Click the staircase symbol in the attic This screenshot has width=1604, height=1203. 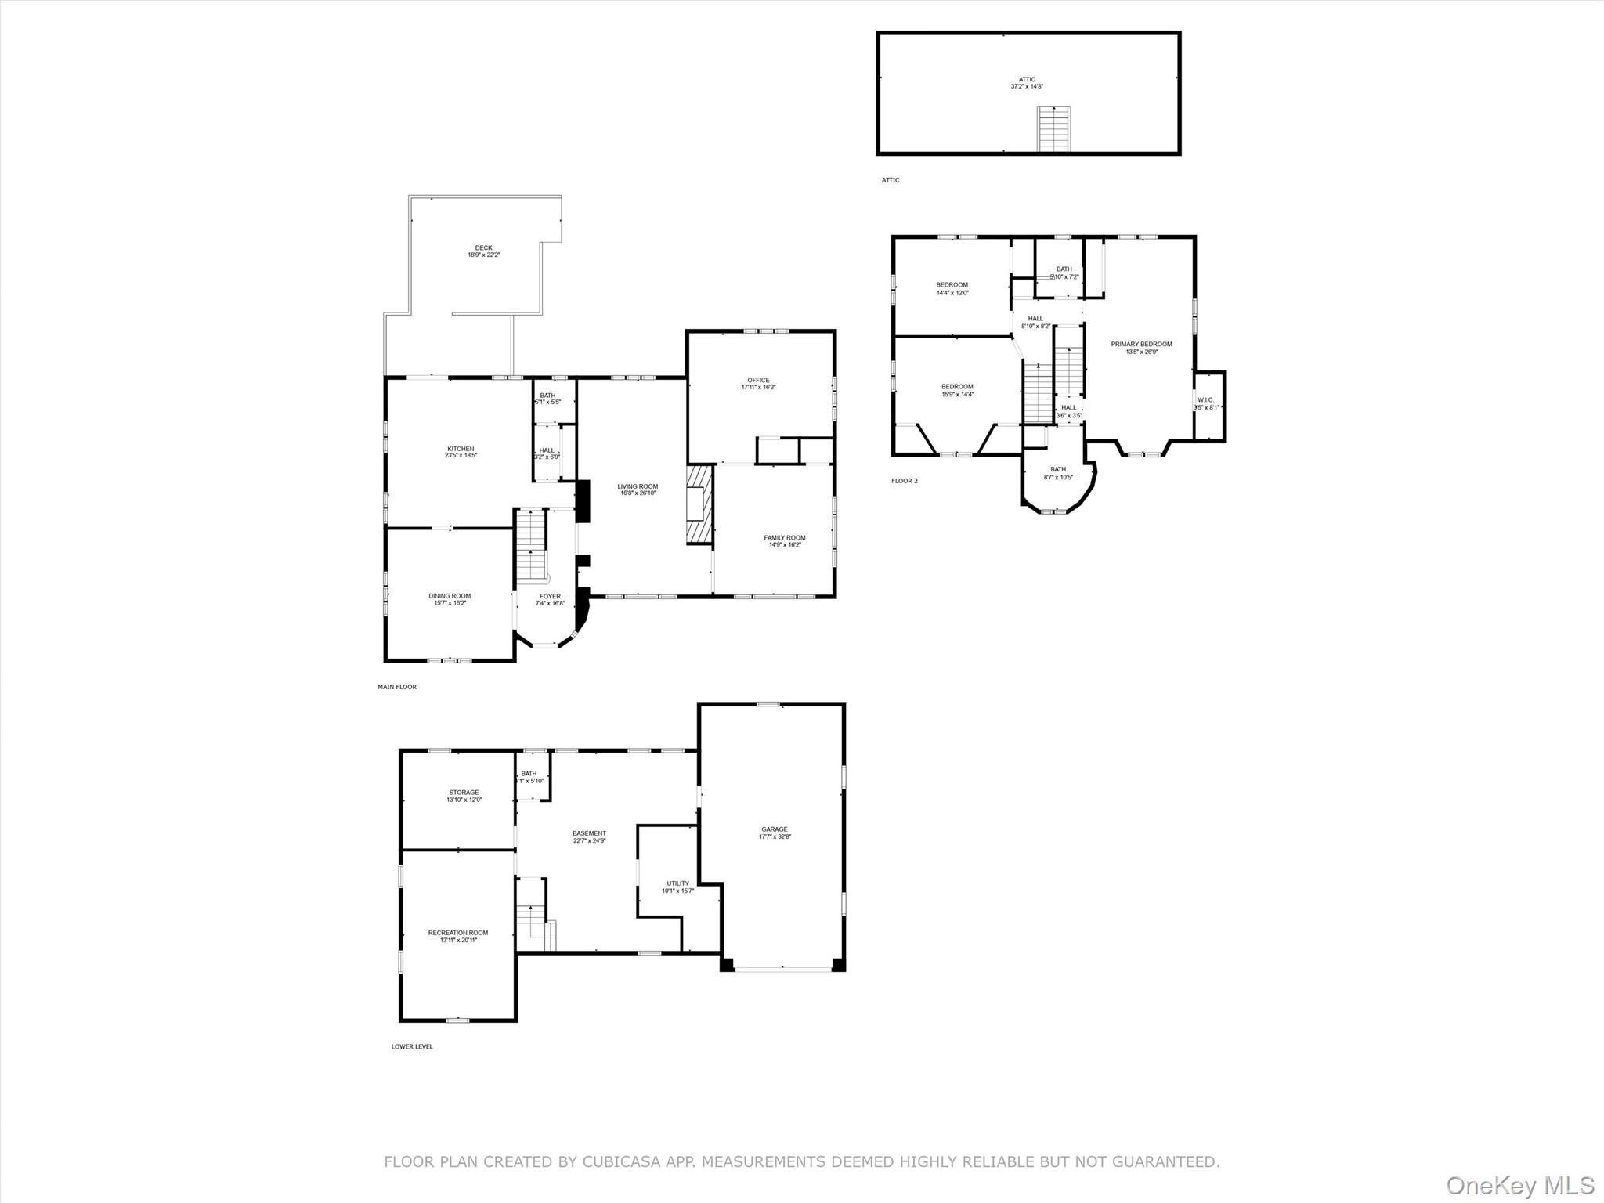click(1053, 128)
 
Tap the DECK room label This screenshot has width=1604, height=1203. click(483, 248)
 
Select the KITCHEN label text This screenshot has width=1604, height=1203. click(461, 449)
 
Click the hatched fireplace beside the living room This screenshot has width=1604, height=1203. click(699, 504)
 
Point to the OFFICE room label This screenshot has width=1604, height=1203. click(758, 381)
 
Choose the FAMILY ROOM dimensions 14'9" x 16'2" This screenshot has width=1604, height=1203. click(785, 545)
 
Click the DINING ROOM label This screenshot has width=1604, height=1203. click(450, 596)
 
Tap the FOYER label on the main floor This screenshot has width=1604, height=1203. click(550, 597)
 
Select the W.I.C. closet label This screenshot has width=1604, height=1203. click(1205, 400)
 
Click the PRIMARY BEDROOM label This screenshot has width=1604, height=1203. click(1141, 345)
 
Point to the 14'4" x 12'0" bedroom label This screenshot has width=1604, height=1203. click(952, 293)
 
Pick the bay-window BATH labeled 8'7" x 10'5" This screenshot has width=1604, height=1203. click(1058, 470)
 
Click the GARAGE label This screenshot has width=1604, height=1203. click(775, 829)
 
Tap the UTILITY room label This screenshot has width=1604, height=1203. click(678, 883)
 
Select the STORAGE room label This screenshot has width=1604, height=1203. click(464, 793)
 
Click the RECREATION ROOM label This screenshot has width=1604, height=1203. click(458, 933)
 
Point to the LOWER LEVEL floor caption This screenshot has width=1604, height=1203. click(412, 1047)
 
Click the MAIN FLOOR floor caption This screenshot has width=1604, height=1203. click(397, 687)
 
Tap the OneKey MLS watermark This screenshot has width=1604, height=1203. click(1519, 1185)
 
